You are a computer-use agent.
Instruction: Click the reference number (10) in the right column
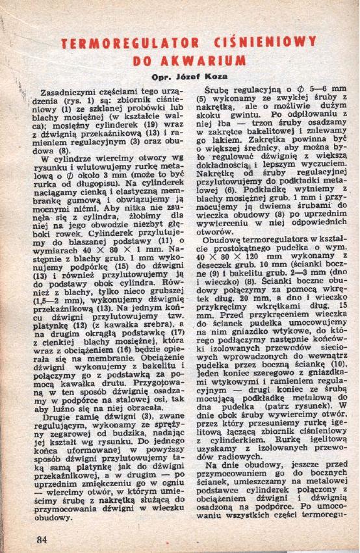(331, 365)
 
